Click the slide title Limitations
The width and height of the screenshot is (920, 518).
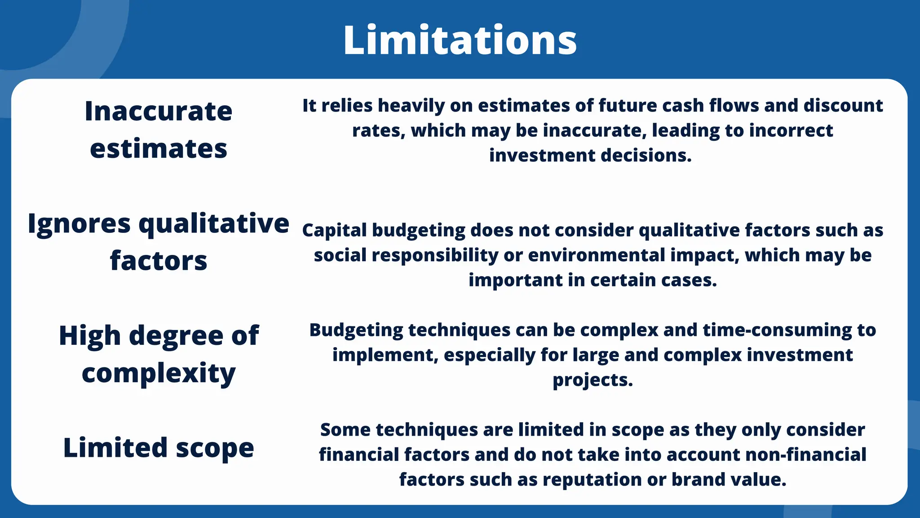[x=460, y=40]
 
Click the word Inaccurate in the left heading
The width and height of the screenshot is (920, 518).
[x=158, y=111]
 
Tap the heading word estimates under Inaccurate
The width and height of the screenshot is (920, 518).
[x=158, y=149]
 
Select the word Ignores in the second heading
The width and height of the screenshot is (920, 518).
[x=79, y=224]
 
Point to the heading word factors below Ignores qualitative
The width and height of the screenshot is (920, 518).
[x=158, y=261]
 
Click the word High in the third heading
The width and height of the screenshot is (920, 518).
[x=90, y=336]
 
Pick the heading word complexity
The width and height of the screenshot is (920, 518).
[x=158, y=374]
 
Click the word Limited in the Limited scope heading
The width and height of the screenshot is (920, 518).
[x=115, y=448]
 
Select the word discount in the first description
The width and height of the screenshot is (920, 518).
[x=843, y=106]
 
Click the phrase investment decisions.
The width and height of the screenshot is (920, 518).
[x=590, y=156]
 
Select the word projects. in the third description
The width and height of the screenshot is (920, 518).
[x=592, y=380]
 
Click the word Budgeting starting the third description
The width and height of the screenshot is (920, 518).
[x=356, y=330]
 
